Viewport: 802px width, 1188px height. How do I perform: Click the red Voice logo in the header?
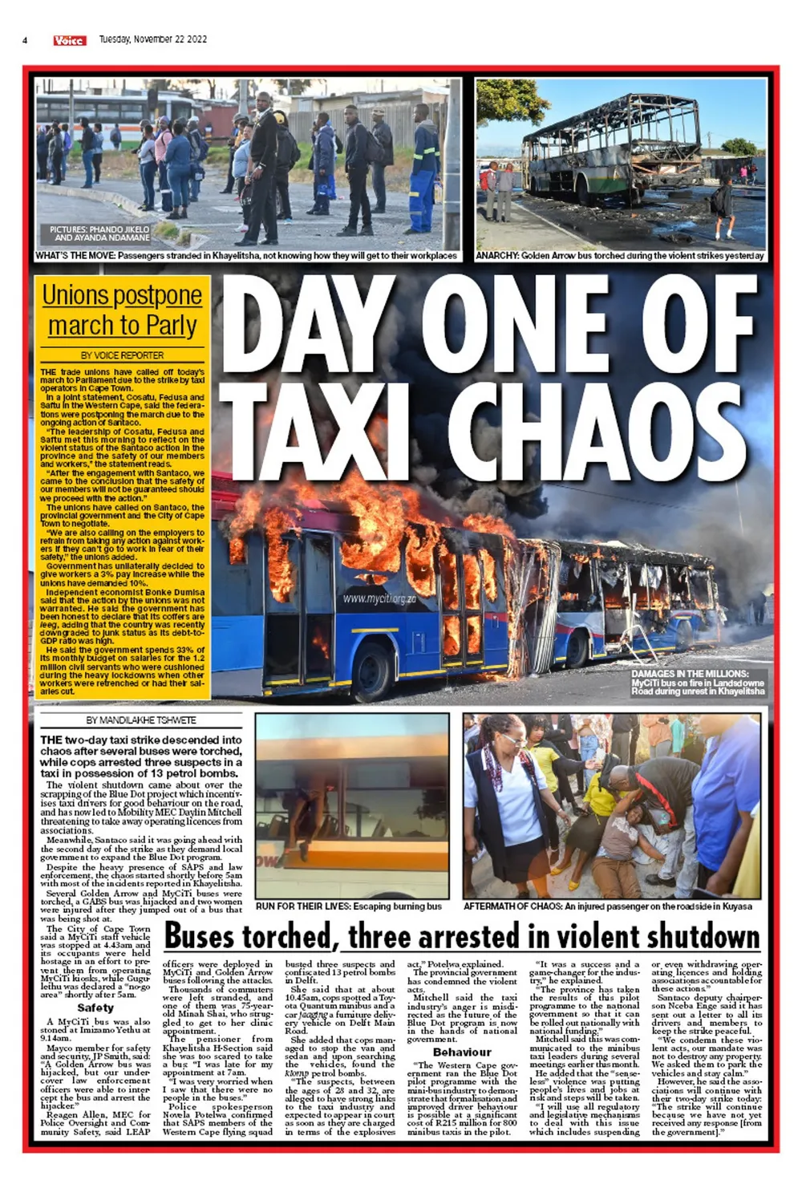pos(70,40)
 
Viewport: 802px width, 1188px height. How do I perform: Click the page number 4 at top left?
pos(26,40)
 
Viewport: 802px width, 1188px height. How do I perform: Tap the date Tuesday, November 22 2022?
pos(152,39)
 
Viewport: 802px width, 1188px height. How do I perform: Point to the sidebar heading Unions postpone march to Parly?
pos(122,310)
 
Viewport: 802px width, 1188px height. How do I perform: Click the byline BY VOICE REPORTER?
pos(122,355)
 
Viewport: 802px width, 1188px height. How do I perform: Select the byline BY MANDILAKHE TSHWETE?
pos(141,720)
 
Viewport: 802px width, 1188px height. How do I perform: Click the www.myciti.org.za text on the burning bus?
pos(380,598)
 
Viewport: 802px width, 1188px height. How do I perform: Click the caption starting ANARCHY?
pos(619,256)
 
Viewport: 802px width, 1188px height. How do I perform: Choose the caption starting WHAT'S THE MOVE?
pos(246,256)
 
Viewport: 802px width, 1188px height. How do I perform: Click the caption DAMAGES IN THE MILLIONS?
pos(697,683)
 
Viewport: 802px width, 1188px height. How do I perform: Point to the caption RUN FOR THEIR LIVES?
pos(348,906)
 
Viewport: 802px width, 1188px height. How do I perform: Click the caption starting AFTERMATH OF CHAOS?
pos(607,906)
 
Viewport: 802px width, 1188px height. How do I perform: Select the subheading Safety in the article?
pos(95,1008)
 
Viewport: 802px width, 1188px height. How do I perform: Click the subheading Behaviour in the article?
pos(462,1052)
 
